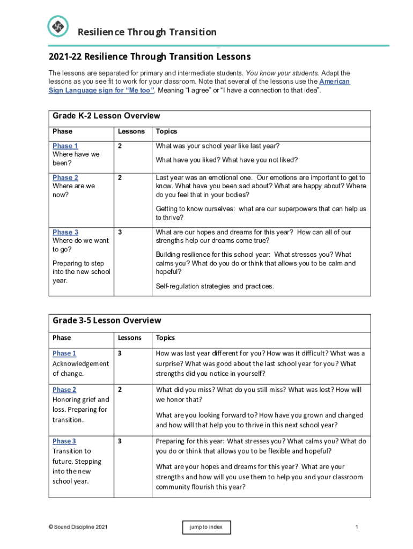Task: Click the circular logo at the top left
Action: coord(58,26)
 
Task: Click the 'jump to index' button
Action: coord(206,528)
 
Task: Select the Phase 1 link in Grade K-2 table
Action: coord(65,146)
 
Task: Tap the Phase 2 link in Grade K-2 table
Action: coord(65,177)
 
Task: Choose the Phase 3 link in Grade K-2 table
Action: coord(65,232)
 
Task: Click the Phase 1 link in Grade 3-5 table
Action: coord(64,353)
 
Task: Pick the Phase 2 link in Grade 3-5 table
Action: coord(64,390)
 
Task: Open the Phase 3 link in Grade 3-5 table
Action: coord(64,441)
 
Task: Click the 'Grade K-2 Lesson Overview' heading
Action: coord(106,116)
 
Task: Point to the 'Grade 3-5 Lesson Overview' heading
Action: coord(107,321)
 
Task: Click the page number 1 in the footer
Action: coord(356,528)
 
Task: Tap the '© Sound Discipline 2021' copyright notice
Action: coord(78,528)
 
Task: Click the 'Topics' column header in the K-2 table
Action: coord(166,131)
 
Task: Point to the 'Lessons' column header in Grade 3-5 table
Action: coord(130,338)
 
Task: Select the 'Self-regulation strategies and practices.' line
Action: coord(215,286)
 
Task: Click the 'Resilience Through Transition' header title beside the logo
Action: coord(147,32)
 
